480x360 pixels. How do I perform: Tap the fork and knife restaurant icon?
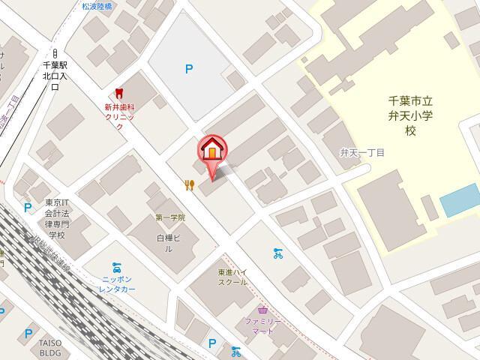[x=190, y=184]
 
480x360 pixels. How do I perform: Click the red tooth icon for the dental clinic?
[x=117, y=93]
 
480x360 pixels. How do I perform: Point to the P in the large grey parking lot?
[x=189, y=70]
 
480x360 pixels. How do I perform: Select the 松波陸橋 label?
[x=97, y=6]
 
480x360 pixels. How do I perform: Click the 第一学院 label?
[x=170, y=217]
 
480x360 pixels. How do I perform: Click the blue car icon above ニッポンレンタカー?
[x=117, y=266]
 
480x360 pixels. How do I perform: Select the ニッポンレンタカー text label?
[x=118, y=283]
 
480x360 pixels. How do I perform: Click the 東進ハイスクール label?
[x=232, y=277]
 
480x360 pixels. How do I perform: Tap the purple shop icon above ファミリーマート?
[x=262, y=309]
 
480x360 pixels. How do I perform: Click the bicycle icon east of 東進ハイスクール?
[x=278, y=253]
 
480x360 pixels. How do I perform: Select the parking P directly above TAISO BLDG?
[x=28, y=333]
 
